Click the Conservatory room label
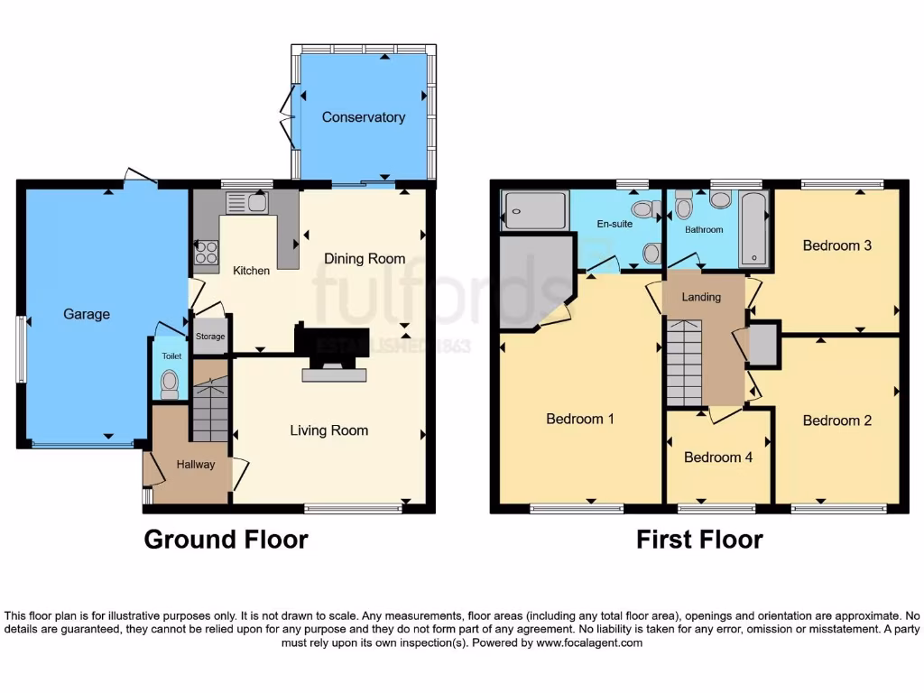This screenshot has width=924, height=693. (x=363, y=117)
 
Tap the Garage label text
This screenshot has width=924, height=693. (x=87, y=314)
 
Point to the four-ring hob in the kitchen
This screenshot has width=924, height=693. (x=205, y=250)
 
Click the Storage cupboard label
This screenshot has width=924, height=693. (x=210, y=337)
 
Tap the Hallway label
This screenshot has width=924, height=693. (x=195, y=465)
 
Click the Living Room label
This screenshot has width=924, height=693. (x=328, y=430)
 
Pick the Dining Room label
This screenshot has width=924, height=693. (x=365, y=259)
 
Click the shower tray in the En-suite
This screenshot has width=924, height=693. (x=534, y=212)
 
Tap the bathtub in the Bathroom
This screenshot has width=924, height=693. (x=753, y=229)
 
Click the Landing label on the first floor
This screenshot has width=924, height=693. (x=701, y=296)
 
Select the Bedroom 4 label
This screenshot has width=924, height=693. (x=717, y=457)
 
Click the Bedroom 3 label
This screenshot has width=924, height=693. (x=836, y=245)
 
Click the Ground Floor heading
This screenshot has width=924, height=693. (x=226, y=540)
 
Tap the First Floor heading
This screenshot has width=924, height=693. (x=699, y=540)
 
